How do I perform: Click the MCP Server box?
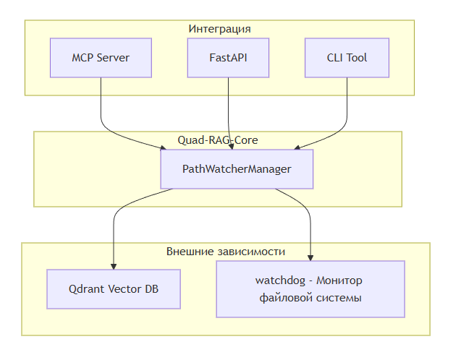[x=101, y=58]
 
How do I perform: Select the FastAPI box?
[x=229, y=58]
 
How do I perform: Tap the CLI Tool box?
[x=347, y=58]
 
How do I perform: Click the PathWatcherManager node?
[x=237, y=169]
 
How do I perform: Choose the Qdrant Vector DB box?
[x=114, y=289]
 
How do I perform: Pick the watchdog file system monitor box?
[x=310, y=289]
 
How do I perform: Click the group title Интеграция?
[x=219, y=29]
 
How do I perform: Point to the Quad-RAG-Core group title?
[x=218, y=140]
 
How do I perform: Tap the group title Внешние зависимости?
[x=226, y=252]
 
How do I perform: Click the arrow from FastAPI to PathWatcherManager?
[x=230, y=116]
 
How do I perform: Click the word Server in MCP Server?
[x=113, y=58]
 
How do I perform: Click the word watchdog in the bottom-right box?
[x=281, y=280]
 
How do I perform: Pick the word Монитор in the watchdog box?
[x=340, y=280]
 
